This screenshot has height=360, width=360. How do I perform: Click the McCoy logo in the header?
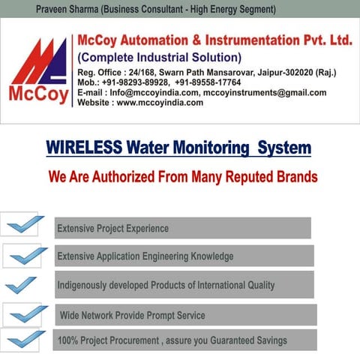(x=37, y=71)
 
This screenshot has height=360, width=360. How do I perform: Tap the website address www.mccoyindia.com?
(x=160, y=103)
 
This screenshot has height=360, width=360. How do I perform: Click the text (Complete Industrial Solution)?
(x=160, y=58)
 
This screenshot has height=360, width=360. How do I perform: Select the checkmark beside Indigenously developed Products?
(x=21, y=285)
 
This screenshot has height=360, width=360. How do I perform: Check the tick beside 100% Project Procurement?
(x=26, y=340)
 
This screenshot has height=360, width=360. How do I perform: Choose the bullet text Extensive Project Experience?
(x=113, y=228)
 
